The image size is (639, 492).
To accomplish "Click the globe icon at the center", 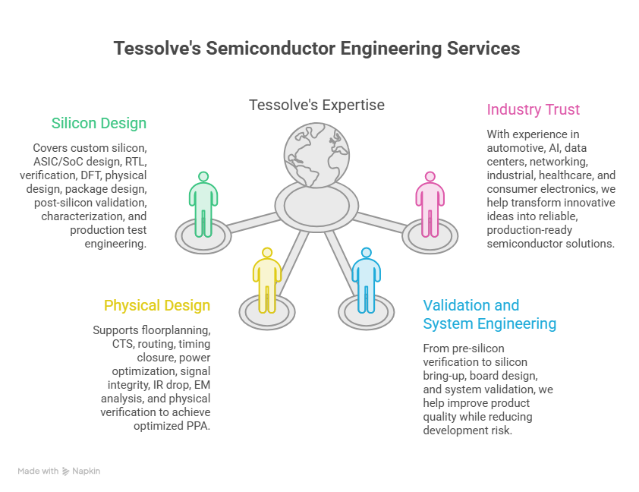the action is [x=316, y=155].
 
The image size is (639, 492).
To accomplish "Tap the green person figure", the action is [x=203, y=204].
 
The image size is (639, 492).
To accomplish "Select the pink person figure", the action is [x=430, y=204].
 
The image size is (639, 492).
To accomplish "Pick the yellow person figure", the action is [x=267, y=280].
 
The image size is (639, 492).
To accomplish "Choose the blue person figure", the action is [x=367, y=280].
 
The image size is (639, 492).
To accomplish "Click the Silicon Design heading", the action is [x=99, y=123].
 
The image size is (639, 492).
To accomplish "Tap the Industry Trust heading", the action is [x=533, y=109].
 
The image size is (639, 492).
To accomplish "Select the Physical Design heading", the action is [x=157, y=305].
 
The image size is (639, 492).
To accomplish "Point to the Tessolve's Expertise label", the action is [x=316, y=105].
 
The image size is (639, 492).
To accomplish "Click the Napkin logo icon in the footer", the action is [x=65, y=471].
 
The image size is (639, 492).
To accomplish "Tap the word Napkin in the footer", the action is [x=86, y=471].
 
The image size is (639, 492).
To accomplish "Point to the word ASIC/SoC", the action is [x=57, y=162].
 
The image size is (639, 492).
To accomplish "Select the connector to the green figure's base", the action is [x=253, y=222].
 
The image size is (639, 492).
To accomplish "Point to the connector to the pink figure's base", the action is [x=379, y=222].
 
